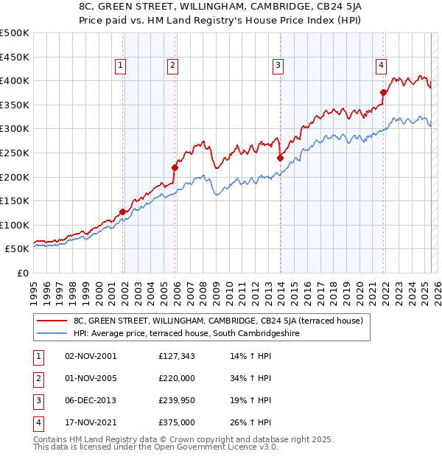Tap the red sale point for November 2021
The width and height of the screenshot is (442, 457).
click(384, 93)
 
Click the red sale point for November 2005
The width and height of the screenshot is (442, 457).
click(175, 167)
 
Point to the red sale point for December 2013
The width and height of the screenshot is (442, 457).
click(281, 158)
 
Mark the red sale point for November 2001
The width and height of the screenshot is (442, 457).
click(122, 212)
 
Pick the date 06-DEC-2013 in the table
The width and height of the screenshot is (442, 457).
click(91, 401)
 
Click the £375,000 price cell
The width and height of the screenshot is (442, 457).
click(178, 423)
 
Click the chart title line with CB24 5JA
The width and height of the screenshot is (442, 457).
click(221, 7)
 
